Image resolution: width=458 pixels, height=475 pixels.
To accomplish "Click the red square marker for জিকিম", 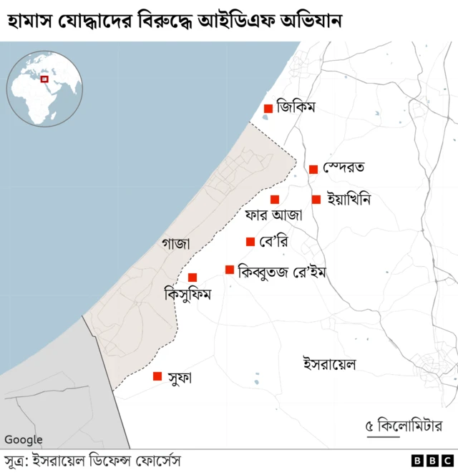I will point(268,109).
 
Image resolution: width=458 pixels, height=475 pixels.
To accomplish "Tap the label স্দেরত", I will point(343,168).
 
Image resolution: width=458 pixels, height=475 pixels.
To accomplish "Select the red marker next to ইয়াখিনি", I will point(316,200).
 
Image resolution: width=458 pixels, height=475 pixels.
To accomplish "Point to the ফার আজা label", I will point(273,215).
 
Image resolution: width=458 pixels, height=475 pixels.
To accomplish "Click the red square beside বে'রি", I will point(250,242).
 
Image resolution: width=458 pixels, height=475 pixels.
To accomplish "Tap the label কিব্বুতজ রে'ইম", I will point(282,272).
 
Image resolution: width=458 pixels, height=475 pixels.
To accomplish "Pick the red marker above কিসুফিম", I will point(193,278).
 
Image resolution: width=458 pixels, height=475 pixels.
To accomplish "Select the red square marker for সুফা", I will point(157,376).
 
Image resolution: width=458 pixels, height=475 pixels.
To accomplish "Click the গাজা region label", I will point(175,244).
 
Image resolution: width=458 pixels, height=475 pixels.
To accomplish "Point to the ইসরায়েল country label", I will point(330,364).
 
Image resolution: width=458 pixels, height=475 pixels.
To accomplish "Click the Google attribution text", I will point(24,440).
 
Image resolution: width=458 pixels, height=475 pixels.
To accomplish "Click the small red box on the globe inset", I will point(44,79).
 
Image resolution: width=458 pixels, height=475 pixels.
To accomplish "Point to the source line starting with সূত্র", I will point(93,461).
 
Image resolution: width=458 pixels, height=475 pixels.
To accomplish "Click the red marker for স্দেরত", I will point(313,170).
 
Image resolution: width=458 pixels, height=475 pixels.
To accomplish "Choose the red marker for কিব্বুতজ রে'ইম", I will point(230,270).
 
